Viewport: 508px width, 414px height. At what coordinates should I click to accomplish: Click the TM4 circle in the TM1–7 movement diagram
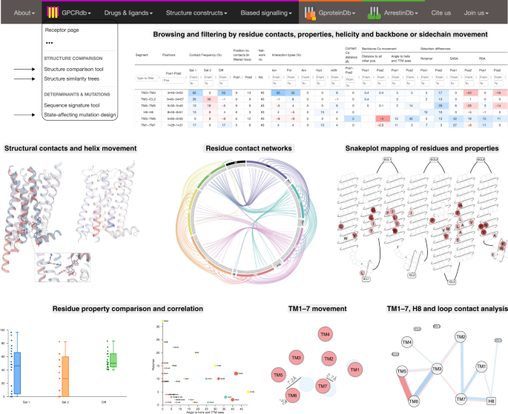[x=324, y=335]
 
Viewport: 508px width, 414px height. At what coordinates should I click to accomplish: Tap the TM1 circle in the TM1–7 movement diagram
[x=354, y=369]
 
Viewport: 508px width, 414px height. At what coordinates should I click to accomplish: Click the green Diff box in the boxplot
[x=111, y=360]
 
